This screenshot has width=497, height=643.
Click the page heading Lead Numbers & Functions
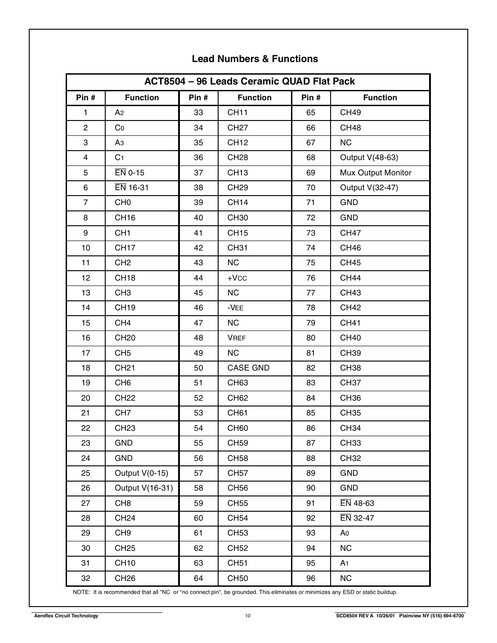(255, 59)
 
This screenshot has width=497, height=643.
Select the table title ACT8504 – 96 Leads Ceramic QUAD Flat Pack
(249, 81)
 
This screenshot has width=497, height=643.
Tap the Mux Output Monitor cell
(376, 173)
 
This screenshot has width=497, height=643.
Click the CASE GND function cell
(248, 368)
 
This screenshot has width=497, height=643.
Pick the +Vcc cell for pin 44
(237, 278)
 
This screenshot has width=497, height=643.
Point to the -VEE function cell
(235, 308)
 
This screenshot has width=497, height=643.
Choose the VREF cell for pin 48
(237, 338)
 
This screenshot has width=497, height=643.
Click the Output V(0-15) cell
(141, 473)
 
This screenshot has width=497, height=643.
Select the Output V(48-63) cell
(369, 157)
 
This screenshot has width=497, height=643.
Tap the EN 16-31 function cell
(131, 188)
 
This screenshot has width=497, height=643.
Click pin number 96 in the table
(311, 578)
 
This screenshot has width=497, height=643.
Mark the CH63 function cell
(237, 383)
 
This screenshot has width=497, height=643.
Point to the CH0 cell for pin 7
(123, 203)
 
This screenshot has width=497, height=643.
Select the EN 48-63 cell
(357, 503)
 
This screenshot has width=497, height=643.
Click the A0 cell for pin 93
(345, 533)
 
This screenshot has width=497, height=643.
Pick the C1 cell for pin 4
(119, 157)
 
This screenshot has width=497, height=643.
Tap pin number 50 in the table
(198, 368)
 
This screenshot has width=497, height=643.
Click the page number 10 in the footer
(248, 616)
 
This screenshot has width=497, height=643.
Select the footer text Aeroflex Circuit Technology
(66, 616)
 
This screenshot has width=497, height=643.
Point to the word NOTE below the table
(81, 592)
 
